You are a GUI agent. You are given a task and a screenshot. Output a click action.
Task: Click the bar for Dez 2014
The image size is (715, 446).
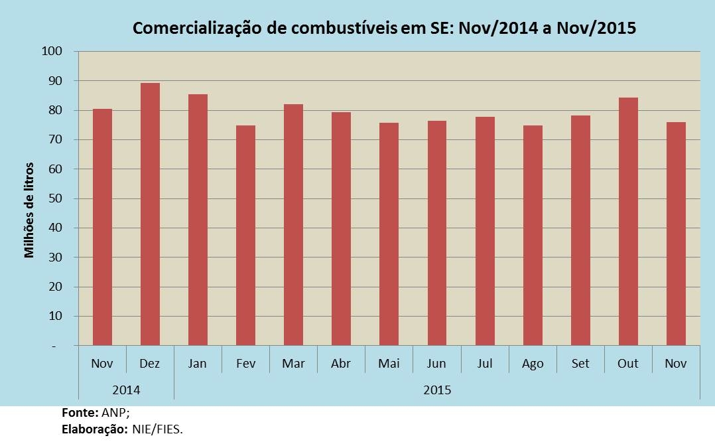click(150, 214)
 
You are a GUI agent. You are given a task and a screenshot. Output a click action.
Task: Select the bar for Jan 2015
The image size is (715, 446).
click(198, 220)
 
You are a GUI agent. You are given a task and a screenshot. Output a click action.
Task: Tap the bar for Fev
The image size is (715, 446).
click(246, 235)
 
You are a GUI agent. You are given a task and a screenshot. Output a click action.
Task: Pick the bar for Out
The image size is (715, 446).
click(628, 222)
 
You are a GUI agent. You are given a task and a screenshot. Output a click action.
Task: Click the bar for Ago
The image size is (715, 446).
click(533, 235)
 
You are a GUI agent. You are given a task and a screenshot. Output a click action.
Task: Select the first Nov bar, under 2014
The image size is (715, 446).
click(102, 227)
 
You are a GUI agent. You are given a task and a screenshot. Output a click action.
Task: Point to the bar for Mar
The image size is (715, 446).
click(294, 224)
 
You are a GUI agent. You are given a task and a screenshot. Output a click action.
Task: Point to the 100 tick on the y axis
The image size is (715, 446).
click(52, 51)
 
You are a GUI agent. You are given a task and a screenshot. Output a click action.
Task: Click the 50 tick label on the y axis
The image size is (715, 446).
click(55, 198)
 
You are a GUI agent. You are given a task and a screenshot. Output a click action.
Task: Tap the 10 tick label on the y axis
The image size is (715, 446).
click(55, 316)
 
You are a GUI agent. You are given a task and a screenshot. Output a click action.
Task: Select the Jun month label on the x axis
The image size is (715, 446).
click(436, 364)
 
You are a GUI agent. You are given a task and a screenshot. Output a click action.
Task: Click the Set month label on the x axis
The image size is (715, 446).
click(580, 364)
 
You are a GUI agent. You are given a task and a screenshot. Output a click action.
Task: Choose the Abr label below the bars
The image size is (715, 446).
click(341, 364)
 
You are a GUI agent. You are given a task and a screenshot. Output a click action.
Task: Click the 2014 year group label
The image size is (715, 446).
click(126, 390)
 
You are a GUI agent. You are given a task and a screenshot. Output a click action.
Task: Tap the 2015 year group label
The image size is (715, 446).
click(437, 390)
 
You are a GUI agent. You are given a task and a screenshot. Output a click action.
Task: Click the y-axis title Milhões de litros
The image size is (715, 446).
click(29, 210)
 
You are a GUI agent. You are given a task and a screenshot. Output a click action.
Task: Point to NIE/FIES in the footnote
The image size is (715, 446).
click(157, 429)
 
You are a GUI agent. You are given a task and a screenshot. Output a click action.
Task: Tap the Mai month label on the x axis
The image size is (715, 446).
click(389, 364)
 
